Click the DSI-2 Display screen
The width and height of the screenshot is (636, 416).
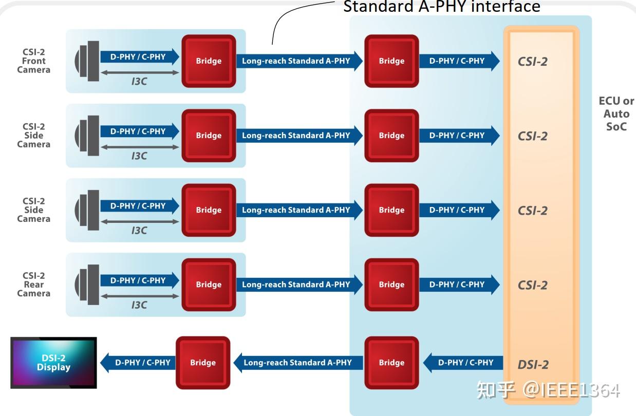point(53,363)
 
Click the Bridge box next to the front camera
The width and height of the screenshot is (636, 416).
point(209,61)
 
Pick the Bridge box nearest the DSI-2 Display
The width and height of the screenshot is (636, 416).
point(203,363)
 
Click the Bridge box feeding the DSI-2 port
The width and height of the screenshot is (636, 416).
point(391,363)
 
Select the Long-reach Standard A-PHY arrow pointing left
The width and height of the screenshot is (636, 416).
point(298,363)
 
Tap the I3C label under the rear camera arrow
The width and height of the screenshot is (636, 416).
point(139,305)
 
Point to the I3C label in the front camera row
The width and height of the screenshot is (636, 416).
point(139,81)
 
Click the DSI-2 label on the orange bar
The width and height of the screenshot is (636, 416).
point(533,365)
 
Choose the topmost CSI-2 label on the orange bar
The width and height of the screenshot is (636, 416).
point(533,62)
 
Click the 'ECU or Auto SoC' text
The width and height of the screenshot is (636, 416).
point(616,114)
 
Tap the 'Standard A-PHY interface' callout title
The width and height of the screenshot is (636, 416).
point(441,7)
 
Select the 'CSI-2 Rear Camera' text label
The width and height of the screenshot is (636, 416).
point(33,285)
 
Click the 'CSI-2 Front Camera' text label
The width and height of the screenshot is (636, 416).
point(33,61)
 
